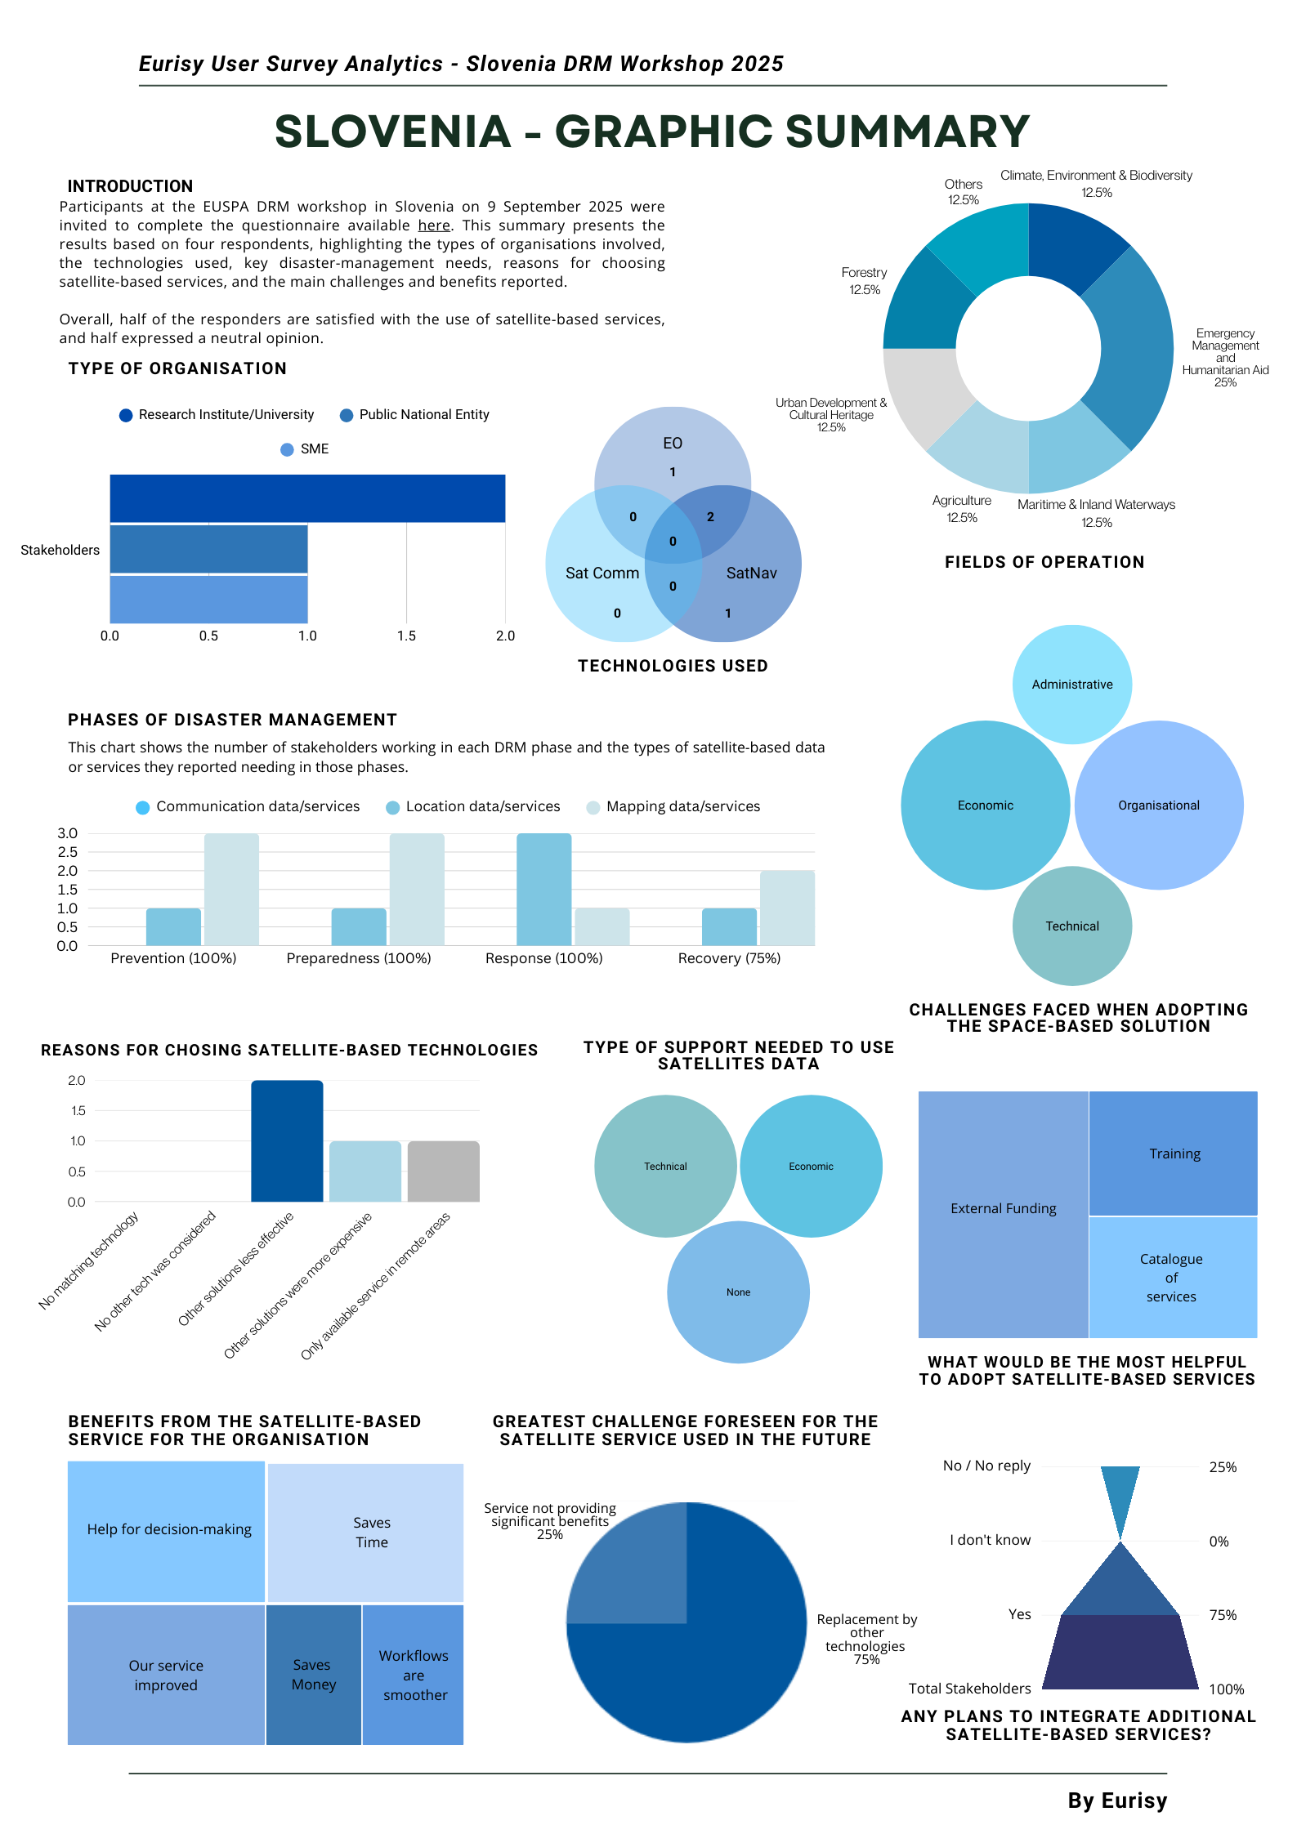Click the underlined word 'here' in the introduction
pyautogui.click(x=434, y=225)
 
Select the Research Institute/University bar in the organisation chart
pyautogui.click(x=307, y=498)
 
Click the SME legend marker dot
pyautogui.click(x=287, y=449)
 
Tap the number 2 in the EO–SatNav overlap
pyautogui.click(x=710, y=516)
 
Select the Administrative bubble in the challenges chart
pyautogui.click(x=1071, y=685)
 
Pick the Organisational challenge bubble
pyautogui.click(x=1158, y=805)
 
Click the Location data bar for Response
pyautogui.click(x=543, y=889)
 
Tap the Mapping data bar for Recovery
pyautogui.click(x=787, y=908)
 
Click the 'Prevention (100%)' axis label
pyautogui.click(x=173, y=958)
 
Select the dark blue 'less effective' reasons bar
pyautogui.click(x=287, y=1140)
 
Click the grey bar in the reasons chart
pyautogui.click(x=443, y=1171)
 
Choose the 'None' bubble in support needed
pyautogui.click(x=738, y=1292)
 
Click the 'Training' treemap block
pyautogui.click(x=1174, y=1154)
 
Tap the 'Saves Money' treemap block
pyautogui.click(x=314, y=1674)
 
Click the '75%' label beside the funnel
pyautogui.click(x=1223, y=1615)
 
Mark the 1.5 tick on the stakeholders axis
pyautogui.click(x=406, y=636)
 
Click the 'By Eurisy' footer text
pyautogui.click(x=1116, y=1801)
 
